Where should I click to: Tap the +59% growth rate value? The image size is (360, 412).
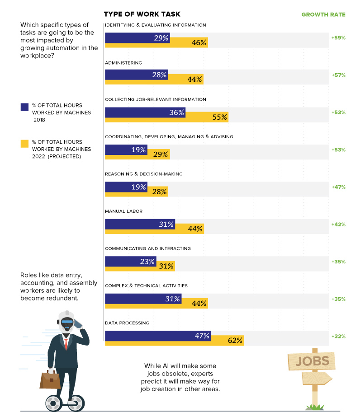[338, 38]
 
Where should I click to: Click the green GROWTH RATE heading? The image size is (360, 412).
[323, 14]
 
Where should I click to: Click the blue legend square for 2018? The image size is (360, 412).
[25, 107]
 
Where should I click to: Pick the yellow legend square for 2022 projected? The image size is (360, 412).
[25, 143]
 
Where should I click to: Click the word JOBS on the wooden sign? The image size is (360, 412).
[312, 361]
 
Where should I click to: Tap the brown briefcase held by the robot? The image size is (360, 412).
[50, 379]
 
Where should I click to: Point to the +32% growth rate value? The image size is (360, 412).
[338, 336]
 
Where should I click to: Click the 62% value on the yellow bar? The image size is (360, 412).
[235, 341]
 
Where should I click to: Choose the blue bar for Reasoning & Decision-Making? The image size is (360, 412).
[126, 187]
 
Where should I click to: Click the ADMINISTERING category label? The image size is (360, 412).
[123, 63]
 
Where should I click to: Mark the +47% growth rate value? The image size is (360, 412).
[338, 187]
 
